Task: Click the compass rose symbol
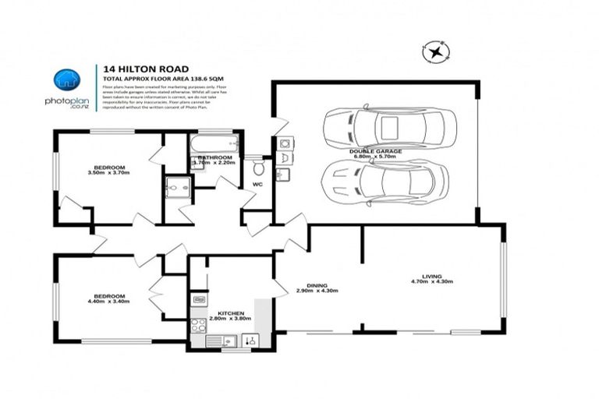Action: pyautogui.click(x=437, y=53)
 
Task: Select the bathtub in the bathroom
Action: pyautogui.click(x=214, y=143)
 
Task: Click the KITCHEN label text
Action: pyautogui.click(x=220, y=312)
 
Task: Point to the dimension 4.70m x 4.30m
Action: pyautogui.click(x=431, y=282)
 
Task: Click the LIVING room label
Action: pyautogui.click(x=431, y=276)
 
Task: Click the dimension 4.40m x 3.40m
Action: pyautogui.click(x=110, y=302)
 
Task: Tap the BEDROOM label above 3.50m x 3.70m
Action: pyautogui.click(x=109, y=167)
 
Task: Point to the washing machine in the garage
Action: pyautogui.click(x=285, y=144)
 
